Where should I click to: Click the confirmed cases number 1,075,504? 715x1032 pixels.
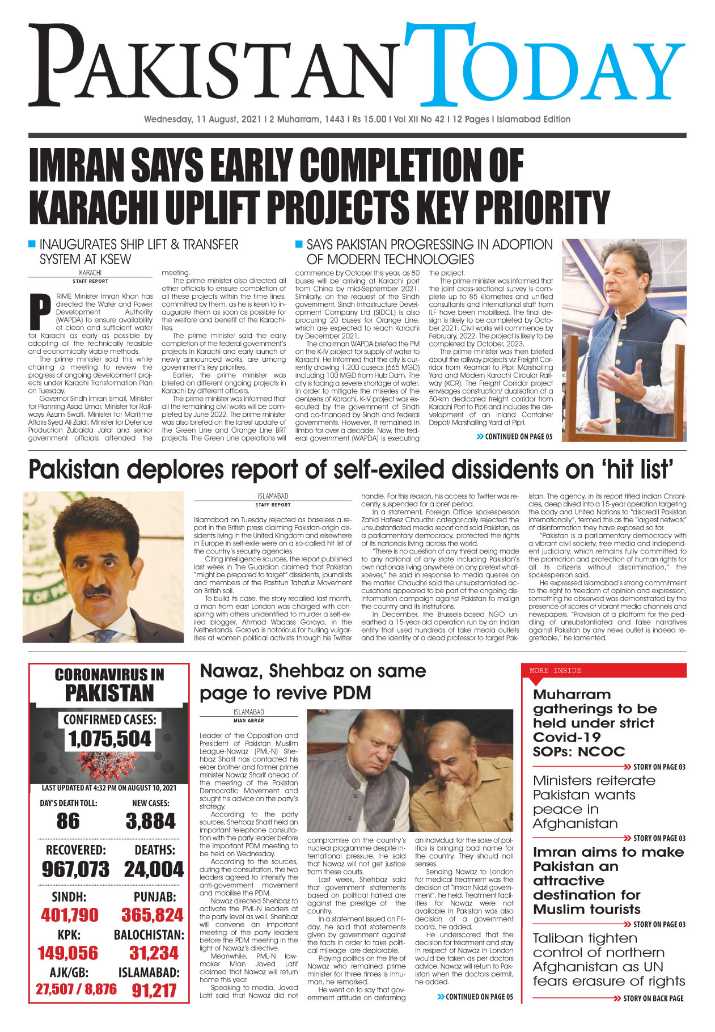click(109, 739)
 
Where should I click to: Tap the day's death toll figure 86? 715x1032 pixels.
click(68, 821)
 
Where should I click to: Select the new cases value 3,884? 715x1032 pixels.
click(150, 821)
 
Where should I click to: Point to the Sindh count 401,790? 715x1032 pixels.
click(69, 915)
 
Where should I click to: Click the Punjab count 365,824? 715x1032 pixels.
click(152, 915)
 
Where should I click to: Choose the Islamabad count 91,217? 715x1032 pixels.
click(154, 991)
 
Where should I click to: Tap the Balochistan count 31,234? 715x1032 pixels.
click(154, 953)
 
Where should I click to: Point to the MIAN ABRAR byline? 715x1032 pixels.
click(248, 721)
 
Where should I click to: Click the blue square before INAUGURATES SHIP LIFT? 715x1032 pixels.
click(32, 244)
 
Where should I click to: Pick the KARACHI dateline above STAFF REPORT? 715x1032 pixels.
click(90, 273)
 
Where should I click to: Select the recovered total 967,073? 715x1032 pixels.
click(75, 869)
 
